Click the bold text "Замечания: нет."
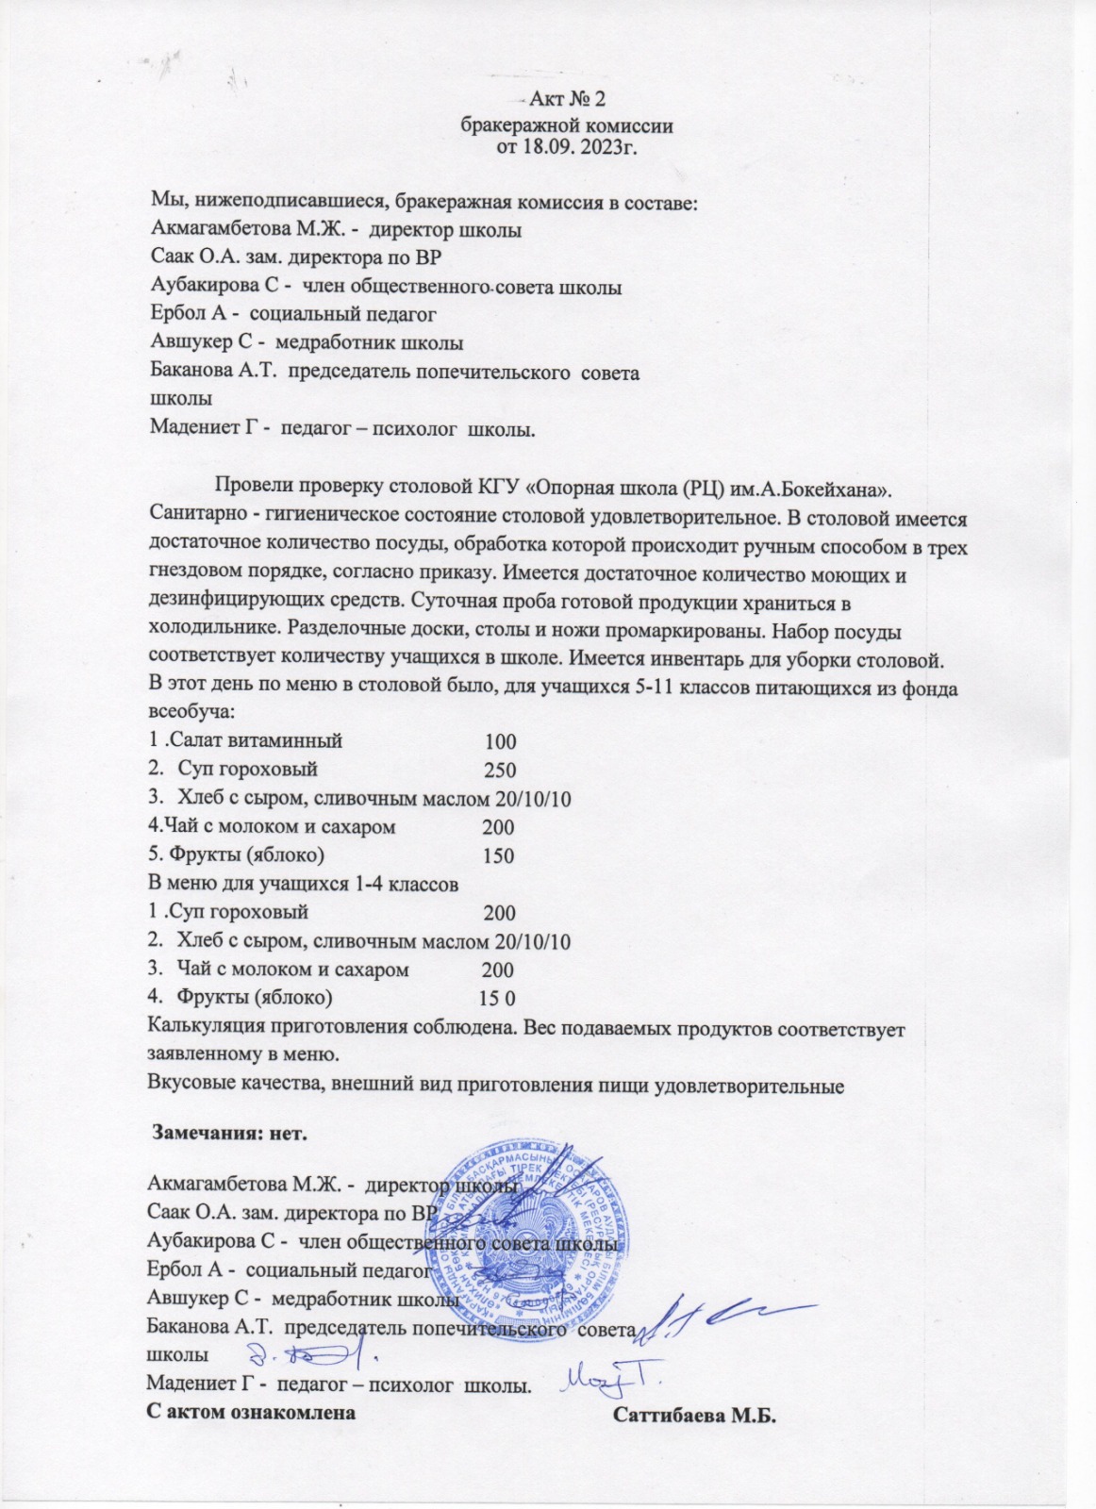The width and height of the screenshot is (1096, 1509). pos(231,1132)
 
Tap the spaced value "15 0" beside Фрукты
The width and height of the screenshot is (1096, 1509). pos(497,999)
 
